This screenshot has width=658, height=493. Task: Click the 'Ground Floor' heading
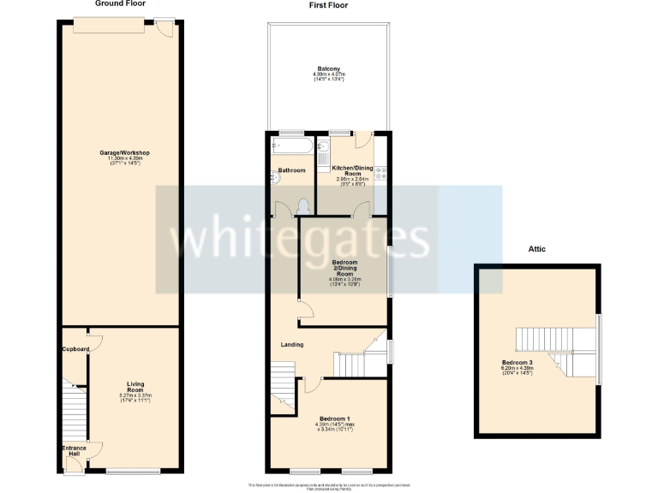121,4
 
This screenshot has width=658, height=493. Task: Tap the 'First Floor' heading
328,5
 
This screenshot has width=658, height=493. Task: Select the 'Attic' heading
537,249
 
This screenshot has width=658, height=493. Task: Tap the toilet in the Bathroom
303,205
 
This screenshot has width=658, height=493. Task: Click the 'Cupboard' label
75,349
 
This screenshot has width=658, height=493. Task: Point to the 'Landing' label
293,345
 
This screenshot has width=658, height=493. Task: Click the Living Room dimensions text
135,399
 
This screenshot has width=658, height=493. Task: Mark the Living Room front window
134,471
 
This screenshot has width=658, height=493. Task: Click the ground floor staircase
76,411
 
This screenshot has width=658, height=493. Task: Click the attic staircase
548,350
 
